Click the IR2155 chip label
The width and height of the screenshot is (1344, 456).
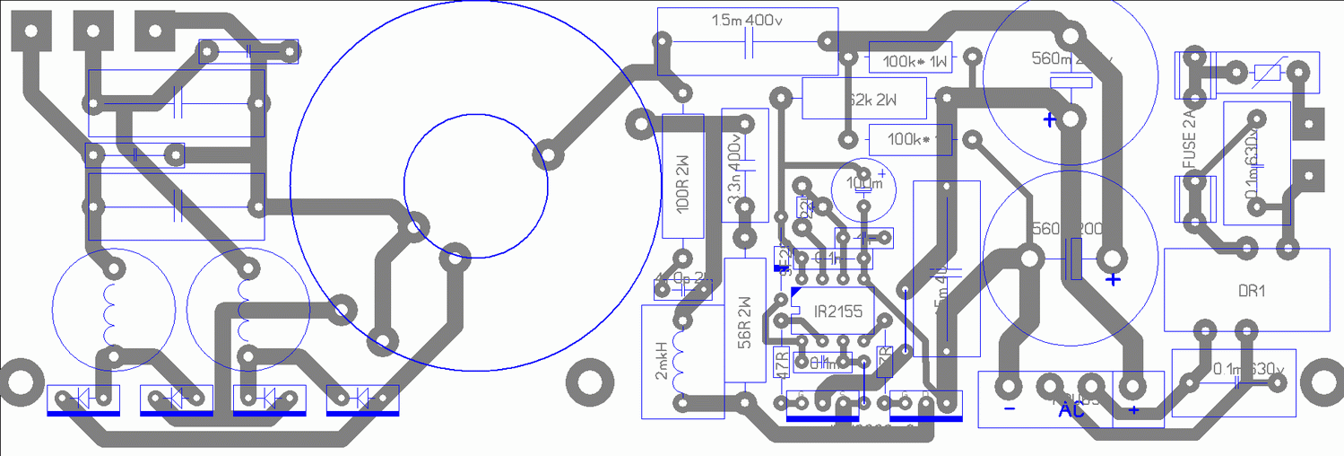coord(832,312)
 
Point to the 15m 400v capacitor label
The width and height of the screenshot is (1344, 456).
coord(749,22)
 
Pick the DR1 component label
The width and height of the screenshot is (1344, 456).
coord(1250,292)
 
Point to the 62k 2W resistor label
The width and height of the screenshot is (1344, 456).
coord(871,99)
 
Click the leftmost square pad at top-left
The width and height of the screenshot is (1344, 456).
coord(30,31)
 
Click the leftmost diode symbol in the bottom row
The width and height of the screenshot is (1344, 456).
coord(82,397)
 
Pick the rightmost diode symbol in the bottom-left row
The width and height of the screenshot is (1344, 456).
coord(362,397)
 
